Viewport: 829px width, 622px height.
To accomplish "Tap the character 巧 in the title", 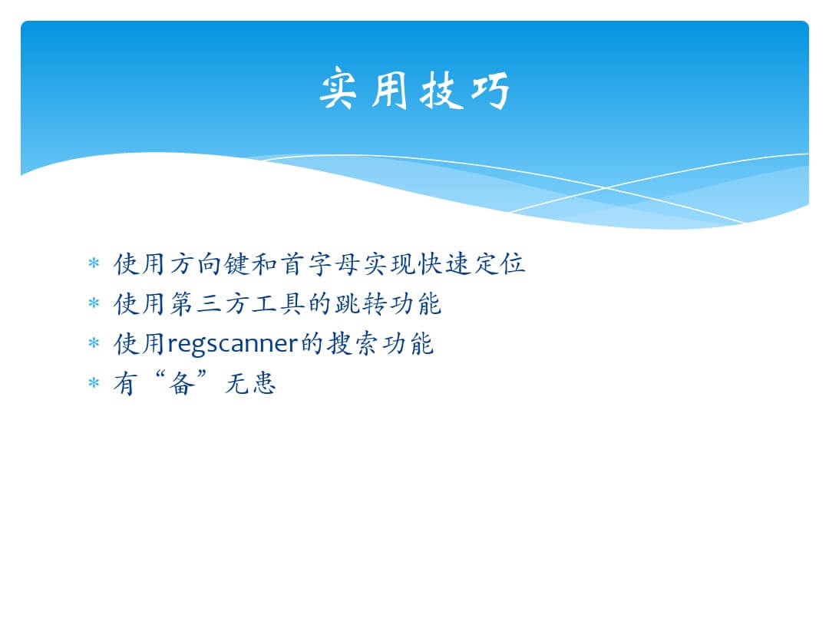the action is pyautogui.click(x=490, y=91).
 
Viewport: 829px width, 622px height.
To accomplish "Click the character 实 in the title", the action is pyautogui.click(x=339, y=89).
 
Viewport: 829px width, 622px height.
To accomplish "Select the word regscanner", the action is pyautogui.click(x=233, y=345).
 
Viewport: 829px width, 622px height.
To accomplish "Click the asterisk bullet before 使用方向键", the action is pyautogui.click(x=94, y=263).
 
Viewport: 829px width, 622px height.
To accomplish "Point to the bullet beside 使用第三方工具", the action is pyautogui.click(x=94, y=303).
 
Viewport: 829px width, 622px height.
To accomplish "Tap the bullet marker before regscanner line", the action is pyautogui.click(x=94, y=343).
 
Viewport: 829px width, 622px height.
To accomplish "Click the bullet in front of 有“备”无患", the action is pyautogui.click(x=94, y=382).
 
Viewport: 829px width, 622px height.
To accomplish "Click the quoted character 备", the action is pyautogui.click(x=181, y=383).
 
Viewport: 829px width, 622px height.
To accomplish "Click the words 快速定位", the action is pyautogui.click(x=471, y=263).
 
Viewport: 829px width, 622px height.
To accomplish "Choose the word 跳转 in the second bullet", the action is pyautogui.click(x=361, y=303).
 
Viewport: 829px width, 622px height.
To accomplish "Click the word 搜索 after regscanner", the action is pyautogui.click(x=352, y=344).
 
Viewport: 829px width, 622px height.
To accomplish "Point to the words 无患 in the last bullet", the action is pyautogui.click(x=250, y=383).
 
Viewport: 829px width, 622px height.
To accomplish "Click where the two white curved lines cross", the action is pyautogui.click(x=606, y=188).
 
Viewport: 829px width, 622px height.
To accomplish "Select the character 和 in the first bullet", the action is pyautogui.click(x=264, y=263).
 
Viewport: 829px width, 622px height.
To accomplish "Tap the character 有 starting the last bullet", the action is pyautogui.click(x=126, y=383).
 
